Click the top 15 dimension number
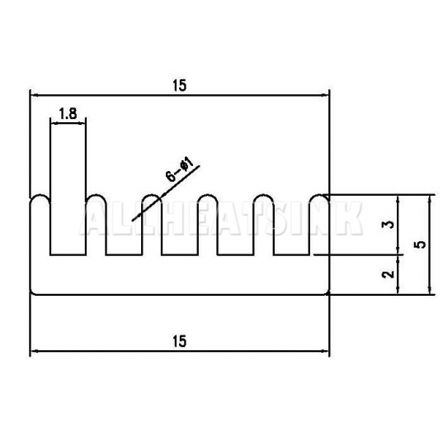point(180,85)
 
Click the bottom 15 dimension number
point(180,341)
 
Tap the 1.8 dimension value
point(68,114)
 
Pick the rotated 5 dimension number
point(421,245)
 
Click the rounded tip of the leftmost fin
point(40,195)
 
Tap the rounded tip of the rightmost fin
point(319,195)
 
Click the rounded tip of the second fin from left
point(96,195)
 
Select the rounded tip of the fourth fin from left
point(208,195)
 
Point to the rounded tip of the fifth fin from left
point(263,195)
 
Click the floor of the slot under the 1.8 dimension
point(68,254)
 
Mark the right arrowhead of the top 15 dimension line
point(326,96)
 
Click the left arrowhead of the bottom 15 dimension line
point(34,351)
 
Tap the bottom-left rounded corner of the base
point(31,293)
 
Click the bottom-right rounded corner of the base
point(328,293)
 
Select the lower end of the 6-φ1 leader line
point(133,220)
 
